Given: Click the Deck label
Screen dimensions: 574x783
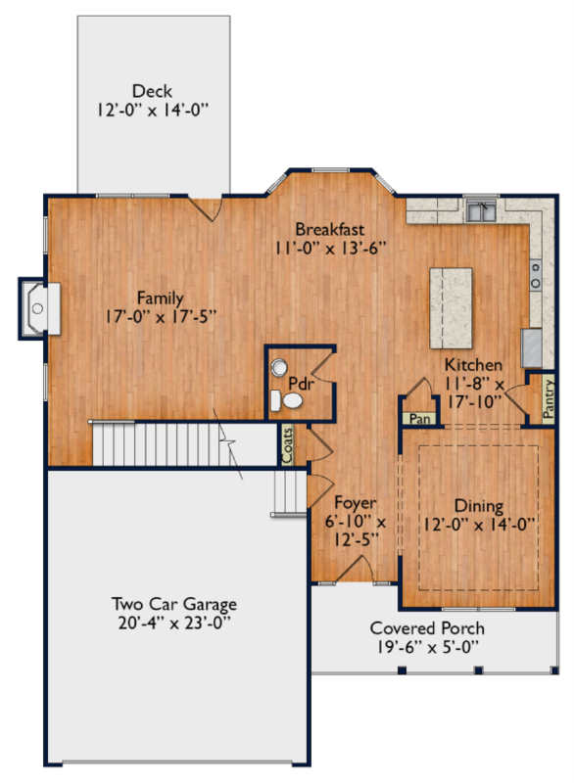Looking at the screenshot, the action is pyautogui.click(x=153, y=91).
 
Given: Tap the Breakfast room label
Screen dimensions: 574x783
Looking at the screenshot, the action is pyautogui.click(x=330, y=229).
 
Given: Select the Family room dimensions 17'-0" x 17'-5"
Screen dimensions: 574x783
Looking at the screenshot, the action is pyautogui.click(x=161, y=316).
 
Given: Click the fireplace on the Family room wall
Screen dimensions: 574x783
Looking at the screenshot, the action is pyautogui.click(x=39, y=308).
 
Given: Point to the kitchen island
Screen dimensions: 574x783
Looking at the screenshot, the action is pyautogui.click(x=451, y=308).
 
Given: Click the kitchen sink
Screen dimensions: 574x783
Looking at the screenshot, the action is pyautogui.click(x=481, y=210).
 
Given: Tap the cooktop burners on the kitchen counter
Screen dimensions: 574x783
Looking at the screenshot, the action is pyautogui.click(x=535, y=275).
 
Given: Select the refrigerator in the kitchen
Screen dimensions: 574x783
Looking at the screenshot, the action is pyautogui.click(x=531, y=348).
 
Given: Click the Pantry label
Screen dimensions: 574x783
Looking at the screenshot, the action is pyautogui.click(x=548, y=398).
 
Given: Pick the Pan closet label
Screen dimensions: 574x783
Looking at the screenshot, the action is pyautogui.click(x=419, y=419).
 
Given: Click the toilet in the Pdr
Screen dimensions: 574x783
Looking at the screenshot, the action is pyautogui.click(x=286, y=400).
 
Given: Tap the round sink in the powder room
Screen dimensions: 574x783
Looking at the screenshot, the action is pyautogui.click(x=279, y=368).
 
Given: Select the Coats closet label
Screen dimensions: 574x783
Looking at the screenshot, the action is pyautogui.click(x=287, y=445).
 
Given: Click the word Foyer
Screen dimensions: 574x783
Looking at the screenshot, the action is pyautogui.click(x=356, y=503).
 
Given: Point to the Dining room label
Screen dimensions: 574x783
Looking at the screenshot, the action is pyautogui.click(x=479, y=506).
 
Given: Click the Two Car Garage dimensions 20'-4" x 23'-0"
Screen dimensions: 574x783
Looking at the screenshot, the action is pyautogui.click(x=174, y=623).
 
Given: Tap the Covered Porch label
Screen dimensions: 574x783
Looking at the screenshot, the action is pyautogui.click(x=427, y=628).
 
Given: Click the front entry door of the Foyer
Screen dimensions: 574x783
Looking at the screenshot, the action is pyautogui.click(x=356, y=570).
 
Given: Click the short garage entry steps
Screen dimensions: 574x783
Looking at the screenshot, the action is pyautogui.click(x=289, y=493).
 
